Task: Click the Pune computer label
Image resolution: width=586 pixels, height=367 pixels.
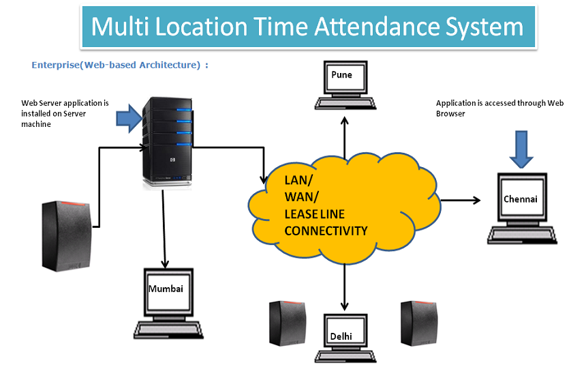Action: [341, 74]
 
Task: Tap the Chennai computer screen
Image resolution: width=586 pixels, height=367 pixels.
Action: [521, 199]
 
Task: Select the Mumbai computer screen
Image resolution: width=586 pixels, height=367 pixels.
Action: [166, 289]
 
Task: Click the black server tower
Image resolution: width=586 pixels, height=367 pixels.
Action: [166, 142]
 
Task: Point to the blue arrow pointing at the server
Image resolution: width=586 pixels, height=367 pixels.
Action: [128, 119]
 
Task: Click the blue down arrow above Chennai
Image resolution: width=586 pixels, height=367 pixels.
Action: [522, 149]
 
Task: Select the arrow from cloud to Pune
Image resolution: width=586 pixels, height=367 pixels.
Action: [344, 133]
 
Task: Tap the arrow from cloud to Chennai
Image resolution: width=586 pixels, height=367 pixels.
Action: [461, 200]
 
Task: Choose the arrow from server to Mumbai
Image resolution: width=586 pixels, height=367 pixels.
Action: [164, 229]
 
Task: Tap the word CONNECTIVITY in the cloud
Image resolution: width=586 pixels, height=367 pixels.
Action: [326, 231]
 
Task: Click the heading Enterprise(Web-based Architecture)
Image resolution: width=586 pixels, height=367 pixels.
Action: [119, 65]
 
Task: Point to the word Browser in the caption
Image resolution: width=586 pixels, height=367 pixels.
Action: [450, 114]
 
